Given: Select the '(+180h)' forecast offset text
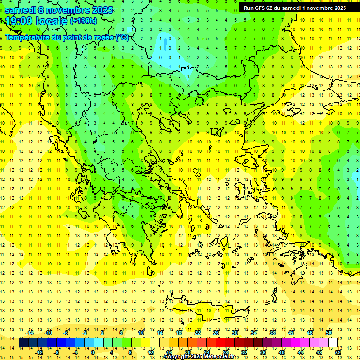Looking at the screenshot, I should pos(83,21).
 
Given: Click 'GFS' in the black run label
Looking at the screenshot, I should pos(260,8).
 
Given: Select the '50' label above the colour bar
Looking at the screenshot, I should pos(328,333).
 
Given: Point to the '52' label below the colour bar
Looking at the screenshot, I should pos(338,352).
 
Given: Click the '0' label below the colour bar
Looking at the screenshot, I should pos(93,352).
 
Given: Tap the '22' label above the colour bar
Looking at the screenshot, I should pos(197,333).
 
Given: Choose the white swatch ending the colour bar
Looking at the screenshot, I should pos(333,342).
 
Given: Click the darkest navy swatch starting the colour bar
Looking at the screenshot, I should pos(24,342).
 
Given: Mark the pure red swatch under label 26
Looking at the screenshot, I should pos(220,342).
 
